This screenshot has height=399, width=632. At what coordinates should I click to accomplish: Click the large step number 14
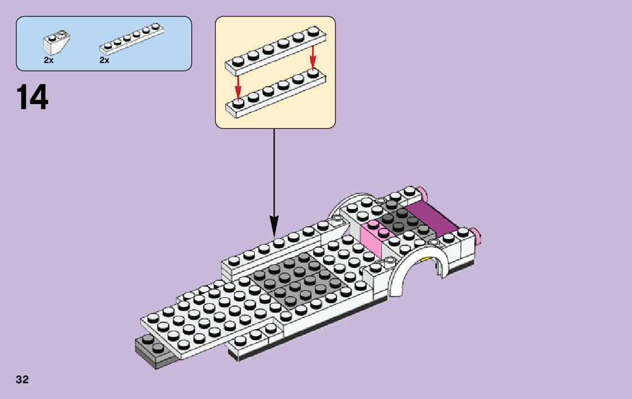pos(33,97)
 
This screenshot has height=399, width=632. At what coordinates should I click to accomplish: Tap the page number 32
pos(23,380)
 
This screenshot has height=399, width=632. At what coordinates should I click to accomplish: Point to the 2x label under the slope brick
pos(48,60)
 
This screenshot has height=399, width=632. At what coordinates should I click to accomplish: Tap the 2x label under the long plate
pos(104,60)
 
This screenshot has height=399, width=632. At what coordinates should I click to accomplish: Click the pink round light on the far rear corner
pos(422,193)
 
